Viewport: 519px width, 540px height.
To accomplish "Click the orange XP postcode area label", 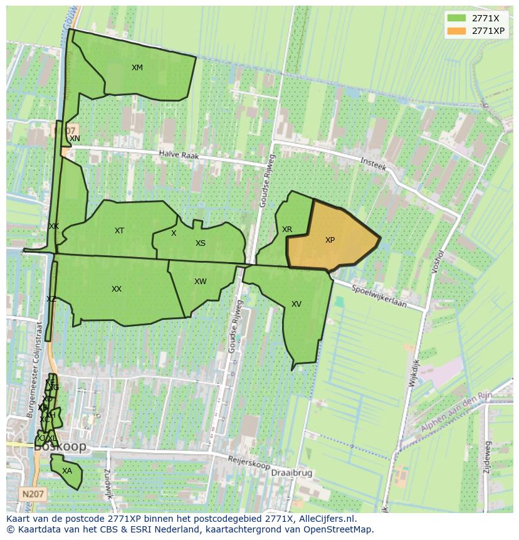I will (x=330, y=240).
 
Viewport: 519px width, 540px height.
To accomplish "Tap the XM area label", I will (x=137, y=68).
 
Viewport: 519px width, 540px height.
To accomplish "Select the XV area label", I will (x=296, y=304).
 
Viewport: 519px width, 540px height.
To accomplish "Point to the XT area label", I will (x=119, y=231).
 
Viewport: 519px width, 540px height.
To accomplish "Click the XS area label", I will (x=200, y=243).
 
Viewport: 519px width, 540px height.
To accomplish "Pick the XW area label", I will (x=200, y=282).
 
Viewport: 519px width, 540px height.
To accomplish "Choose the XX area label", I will (x=117, y=289).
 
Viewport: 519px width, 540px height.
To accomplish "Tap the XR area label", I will (x=286, y=230).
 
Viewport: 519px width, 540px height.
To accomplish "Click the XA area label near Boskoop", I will (x=67, y=471).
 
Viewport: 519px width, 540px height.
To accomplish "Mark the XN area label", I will (x=75, y=139).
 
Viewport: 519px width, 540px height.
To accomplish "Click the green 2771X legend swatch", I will (x=457, y=18).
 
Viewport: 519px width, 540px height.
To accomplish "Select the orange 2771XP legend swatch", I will (x=457, y=31).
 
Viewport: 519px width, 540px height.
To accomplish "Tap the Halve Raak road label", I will (x=178, y=154).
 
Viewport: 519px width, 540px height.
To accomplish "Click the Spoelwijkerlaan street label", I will (x=379, y=297).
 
